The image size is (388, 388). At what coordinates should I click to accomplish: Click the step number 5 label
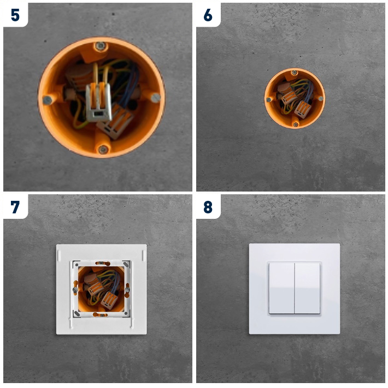coord(15,15)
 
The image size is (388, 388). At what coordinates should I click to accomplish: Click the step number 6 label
coord(208,15)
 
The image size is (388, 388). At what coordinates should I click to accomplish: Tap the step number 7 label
coord(15,207)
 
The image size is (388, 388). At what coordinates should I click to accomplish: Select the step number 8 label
coord(208,207)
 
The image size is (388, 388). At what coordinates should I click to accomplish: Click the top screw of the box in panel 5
coord(101,46)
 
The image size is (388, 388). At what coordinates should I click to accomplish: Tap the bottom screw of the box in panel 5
coord(102,149)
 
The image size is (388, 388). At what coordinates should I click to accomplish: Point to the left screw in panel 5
coord(47,100)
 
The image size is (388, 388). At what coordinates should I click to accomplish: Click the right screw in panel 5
coord(156,97)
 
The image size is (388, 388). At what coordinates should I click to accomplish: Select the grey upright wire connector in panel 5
coord(98,102)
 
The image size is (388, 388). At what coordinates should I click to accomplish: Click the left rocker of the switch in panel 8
coord(281,288)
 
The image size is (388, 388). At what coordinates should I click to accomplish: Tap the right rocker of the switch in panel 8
coord(307,288)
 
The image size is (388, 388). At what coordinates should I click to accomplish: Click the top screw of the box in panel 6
coord(295,73)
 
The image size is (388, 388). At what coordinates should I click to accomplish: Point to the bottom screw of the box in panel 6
coord(295,124)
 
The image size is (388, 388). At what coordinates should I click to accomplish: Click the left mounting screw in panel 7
coord(75,290)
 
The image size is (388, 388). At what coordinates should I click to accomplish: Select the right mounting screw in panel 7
coord(127,289)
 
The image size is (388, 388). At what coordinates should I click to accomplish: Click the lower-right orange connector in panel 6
coord(303,109)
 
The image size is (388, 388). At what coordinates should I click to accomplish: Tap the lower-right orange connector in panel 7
coord(109,300)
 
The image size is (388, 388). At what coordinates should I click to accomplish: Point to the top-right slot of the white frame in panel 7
coord(143,255)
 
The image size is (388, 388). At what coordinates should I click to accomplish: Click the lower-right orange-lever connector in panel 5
coord(115,122)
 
